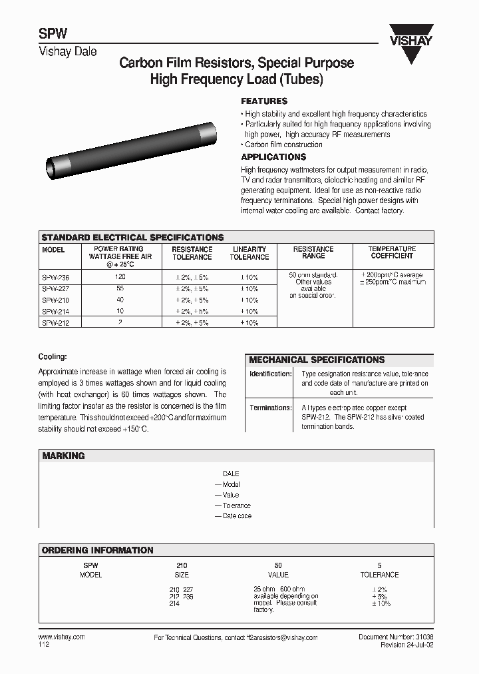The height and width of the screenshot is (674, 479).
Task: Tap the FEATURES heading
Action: point(263,101)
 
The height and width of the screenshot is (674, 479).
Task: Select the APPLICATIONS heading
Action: point(273,157)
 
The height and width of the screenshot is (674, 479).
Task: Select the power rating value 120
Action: point(120,276)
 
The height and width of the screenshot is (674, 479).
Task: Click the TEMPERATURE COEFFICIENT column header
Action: point(392,252)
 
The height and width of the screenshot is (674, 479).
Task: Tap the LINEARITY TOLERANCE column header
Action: point(249,253)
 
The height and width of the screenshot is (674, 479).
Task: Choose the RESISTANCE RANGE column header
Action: point(313,252)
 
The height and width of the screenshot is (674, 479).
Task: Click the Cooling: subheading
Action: point(53,357)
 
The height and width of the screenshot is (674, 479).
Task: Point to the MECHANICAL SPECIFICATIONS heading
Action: point(317,360)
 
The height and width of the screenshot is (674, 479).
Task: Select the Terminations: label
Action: point(270,408)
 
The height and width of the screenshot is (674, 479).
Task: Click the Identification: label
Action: point(270,374)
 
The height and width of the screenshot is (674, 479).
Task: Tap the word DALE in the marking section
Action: point(231,474)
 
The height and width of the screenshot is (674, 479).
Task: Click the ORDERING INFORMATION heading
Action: point(97,550)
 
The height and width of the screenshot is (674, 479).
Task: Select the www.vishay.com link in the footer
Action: point(58,637)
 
